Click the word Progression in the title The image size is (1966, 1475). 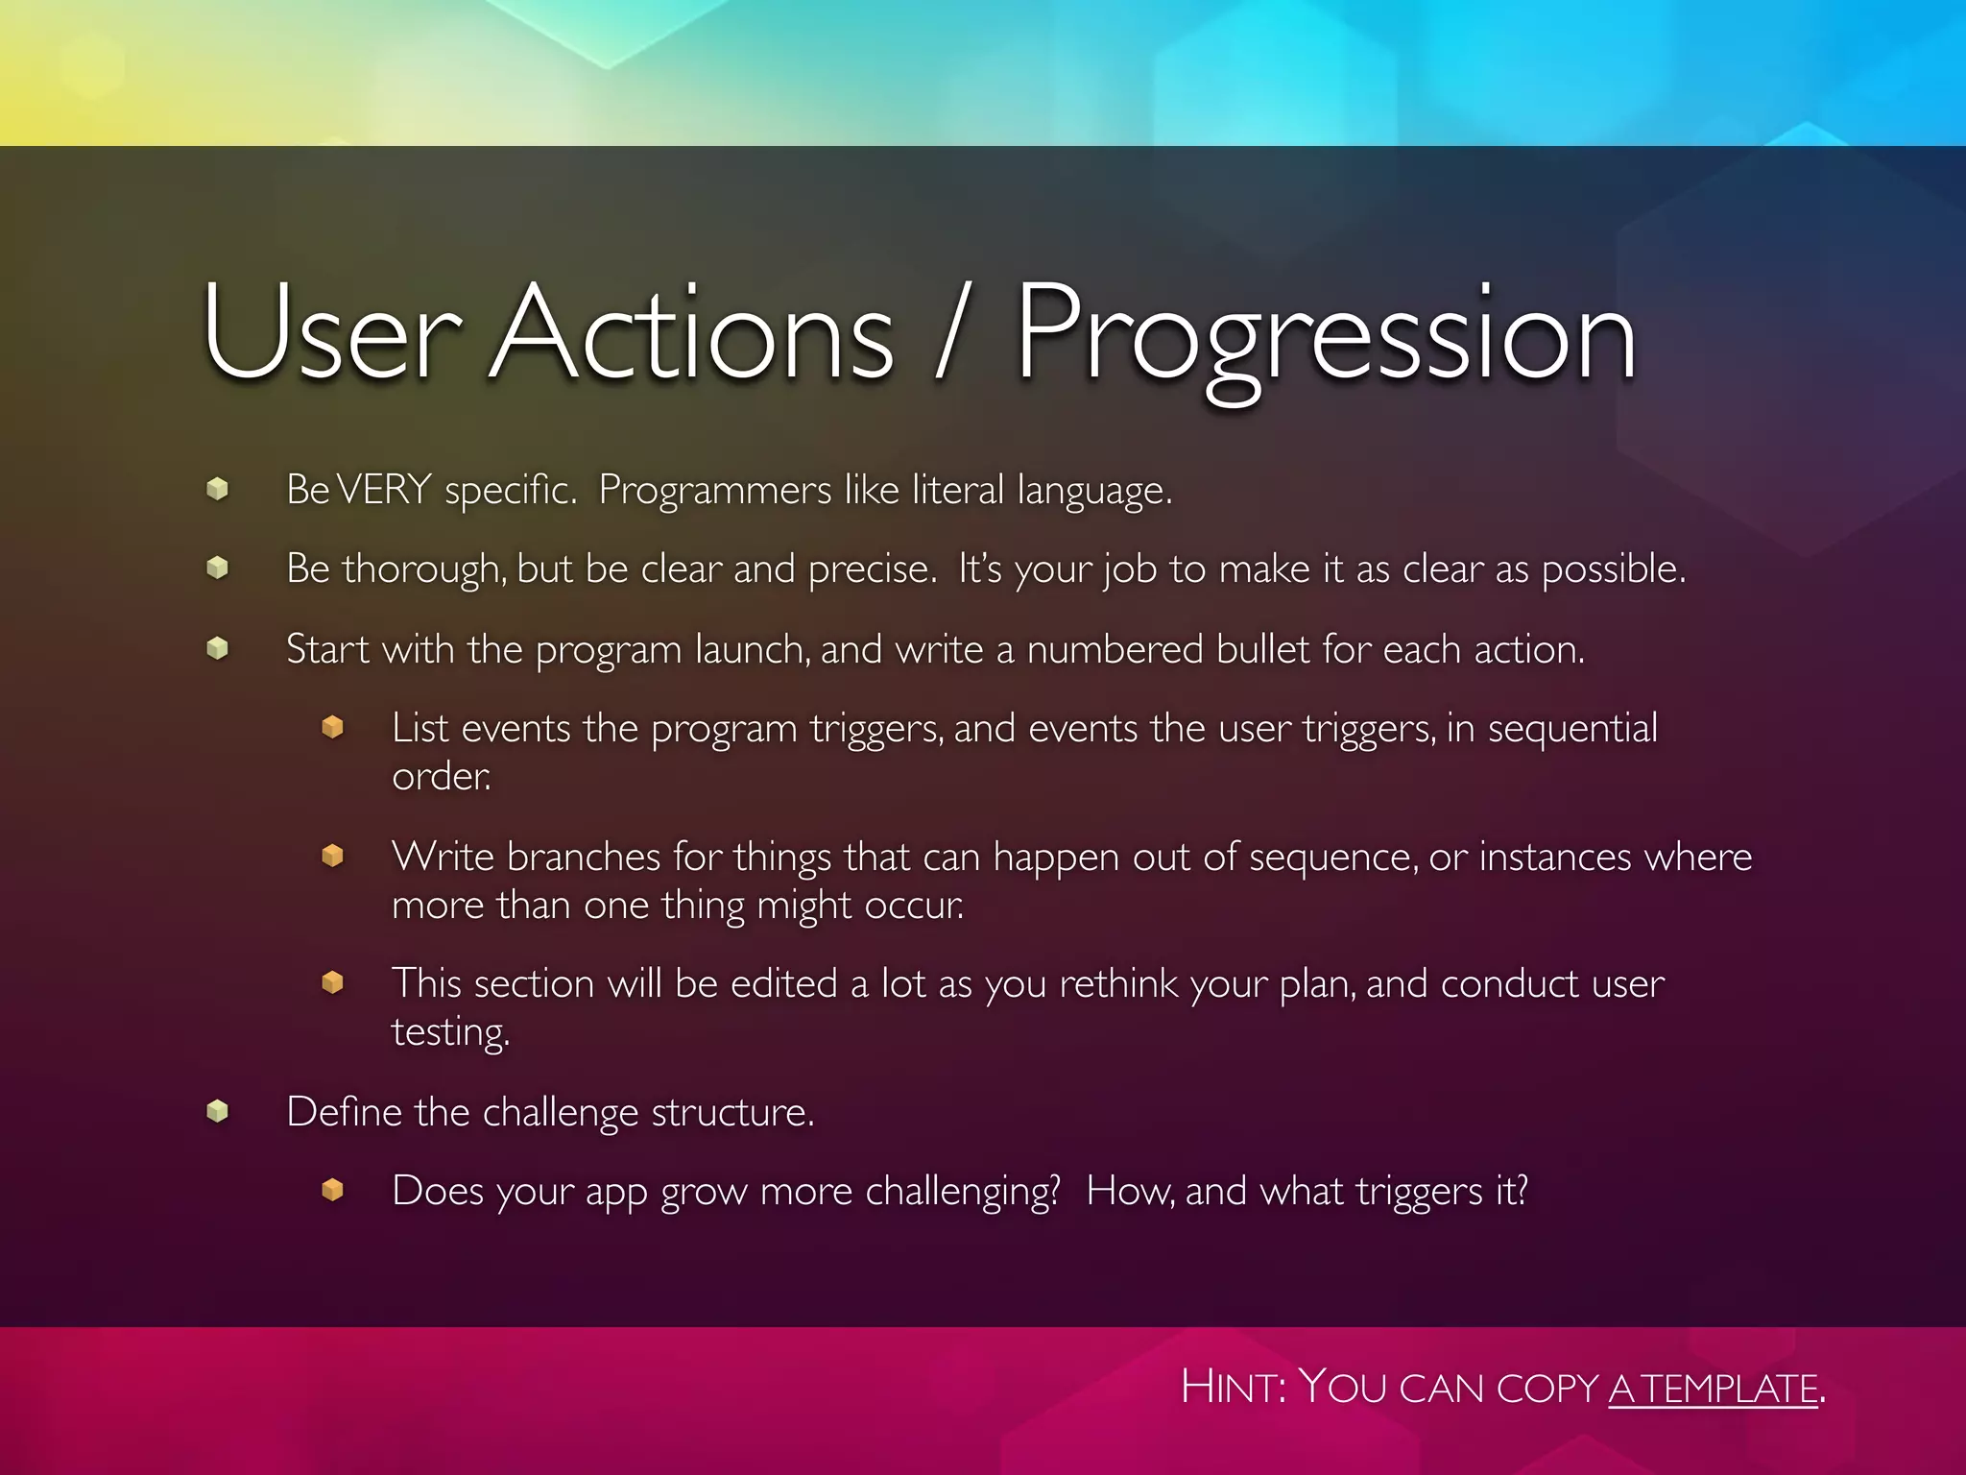coord(1325,336)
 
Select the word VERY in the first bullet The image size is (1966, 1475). coord(384,490)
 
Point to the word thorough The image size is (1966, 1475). coord(423,569)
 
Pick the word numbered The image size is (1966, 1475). coord(1115,650)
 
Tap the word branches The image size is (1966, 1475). coord(584,857)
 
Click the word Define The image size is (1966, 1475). coord(343,1112)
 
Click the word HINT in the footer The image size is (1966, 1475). coord(1234,1388)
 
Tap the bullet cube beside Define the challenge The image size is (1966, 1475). coord(218,1112)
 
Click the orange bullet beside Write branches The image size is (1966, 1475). coord(332,855)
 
